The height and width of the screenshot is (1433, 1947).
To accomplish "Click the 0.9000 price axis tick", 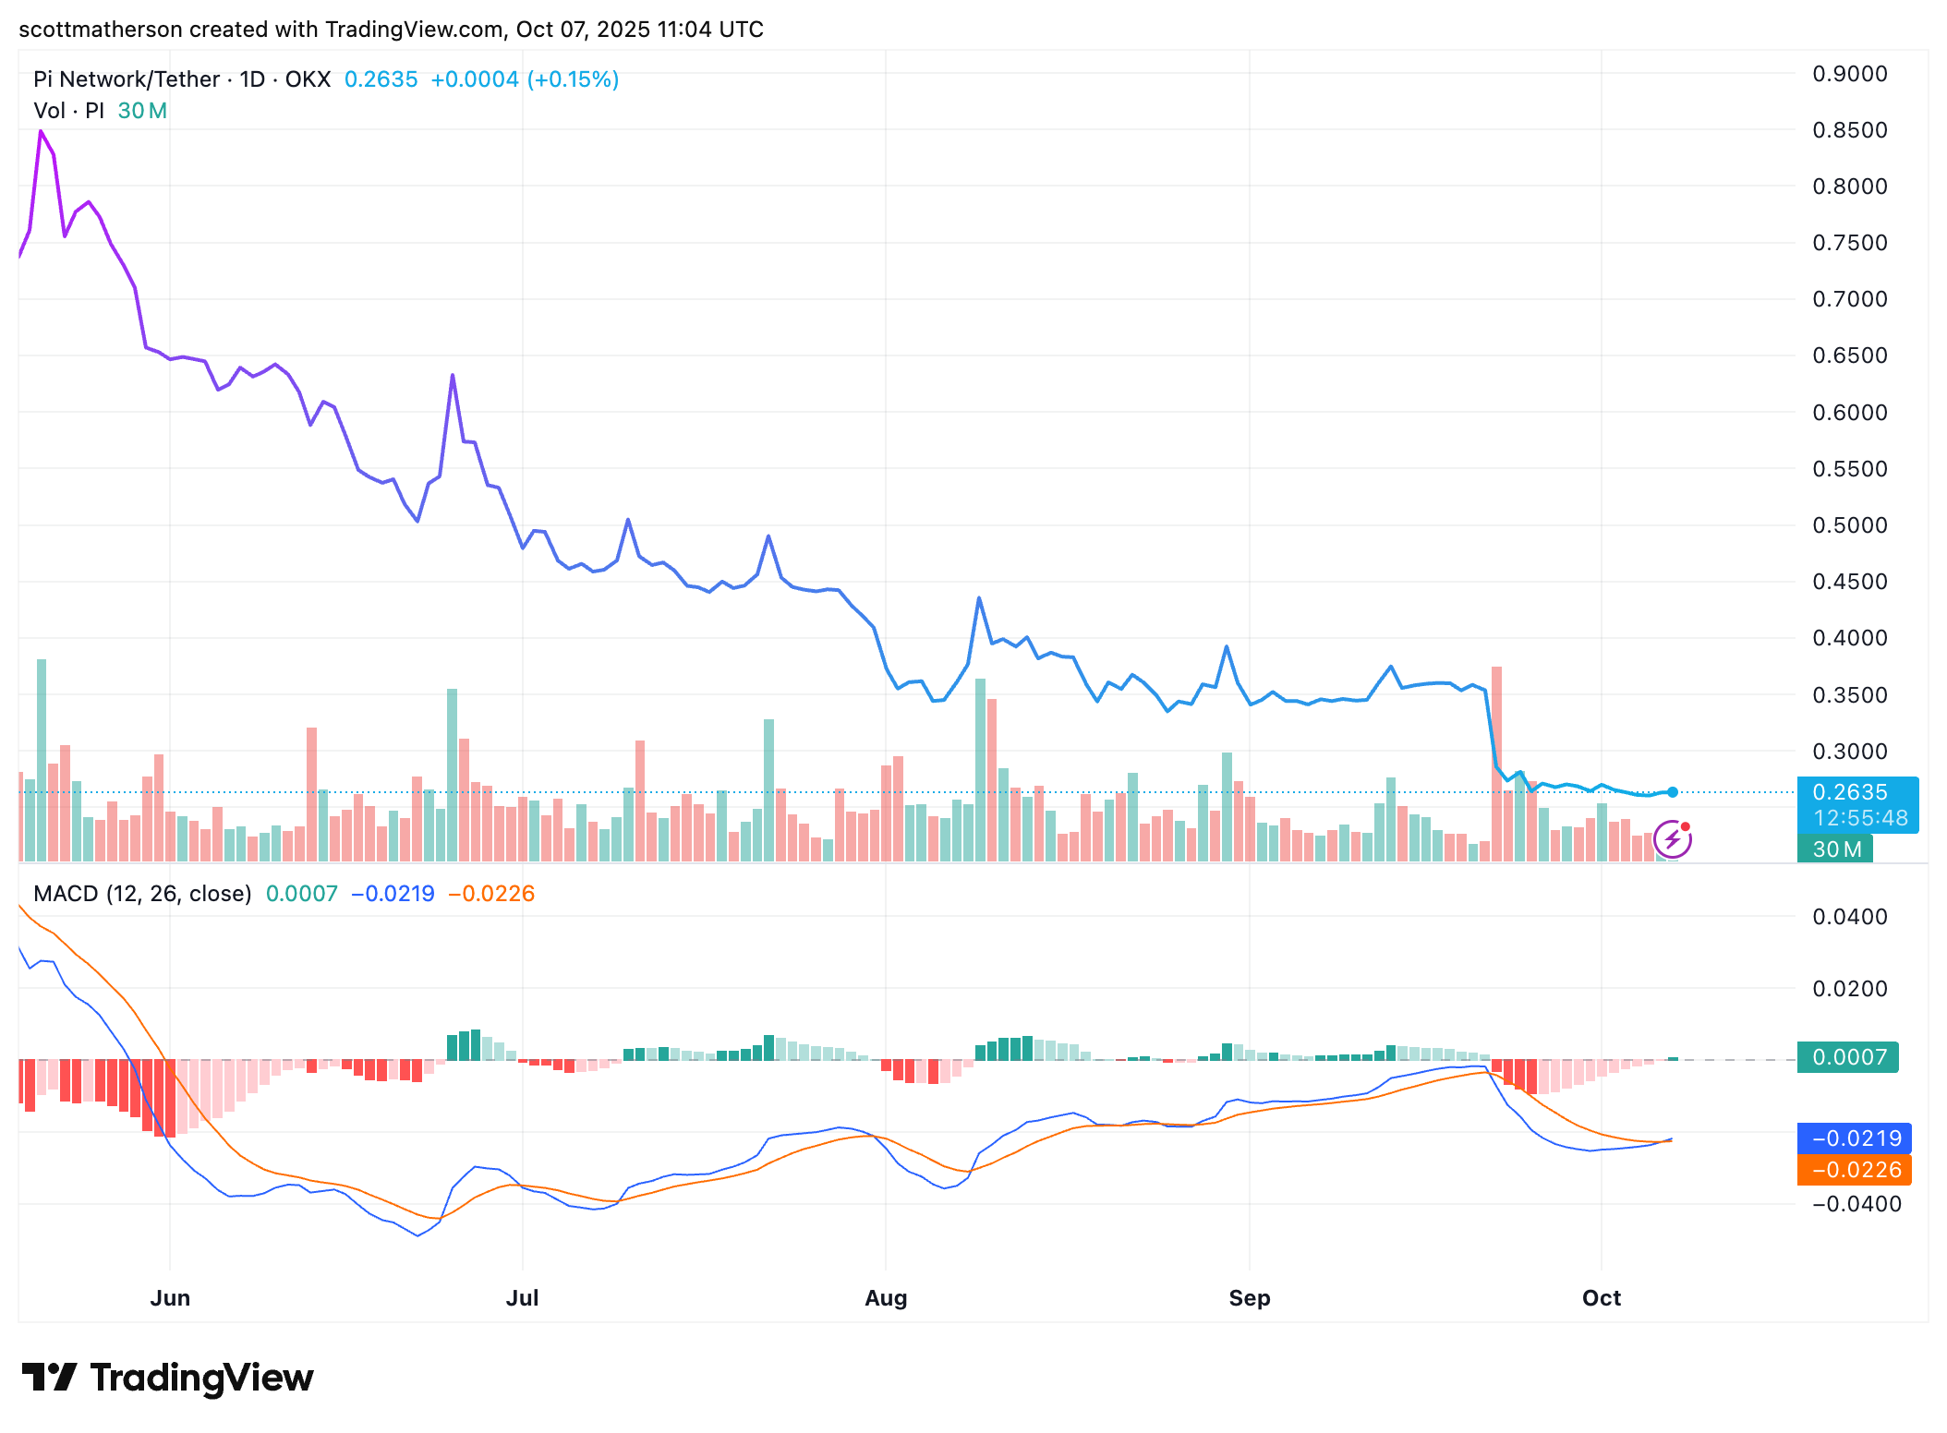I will pos(1849,74).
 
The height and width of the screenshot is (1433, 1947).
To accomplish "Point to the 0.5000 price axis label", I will pos(1849,525).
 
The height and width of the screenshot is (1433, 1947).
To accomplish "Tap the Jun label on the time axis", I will pos(170,1297).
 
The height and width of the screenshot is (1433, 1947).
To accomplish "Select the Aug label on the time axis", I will pos(886,1297).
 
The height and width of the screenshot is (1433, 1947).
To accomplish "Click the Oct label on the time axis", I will pos(1601,1297).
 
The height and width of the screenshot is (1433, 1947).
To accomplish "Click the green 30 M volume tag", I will pos(1835,849).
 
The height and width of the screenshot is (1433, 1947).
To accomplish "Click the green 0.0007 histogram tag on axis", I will pos(1847,1057).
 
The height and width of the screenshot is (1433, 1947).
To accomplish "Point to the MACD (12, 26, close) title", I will pos(142,894).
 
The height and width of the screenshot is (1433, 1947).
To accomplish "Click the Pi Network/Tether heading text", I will pos(127,79).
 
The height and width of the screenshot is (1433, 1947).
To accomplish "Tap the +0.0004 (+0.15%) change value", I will pos(525,79).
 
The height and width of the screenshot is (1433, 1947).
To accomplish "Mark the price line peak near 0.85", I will pos(41,132).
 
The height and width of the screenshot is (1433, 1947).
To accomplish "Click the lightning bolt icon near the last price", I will pos(1672,839).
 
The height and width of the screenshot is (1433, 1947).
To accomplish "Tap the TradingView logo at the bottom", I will pos(168,1378).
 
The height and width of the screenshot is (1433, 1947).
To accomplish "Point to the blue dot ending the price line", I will pos(1673,792).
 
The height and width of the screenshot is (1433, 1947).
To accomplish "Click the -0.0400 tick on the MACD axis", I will pos(1855,1204).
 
